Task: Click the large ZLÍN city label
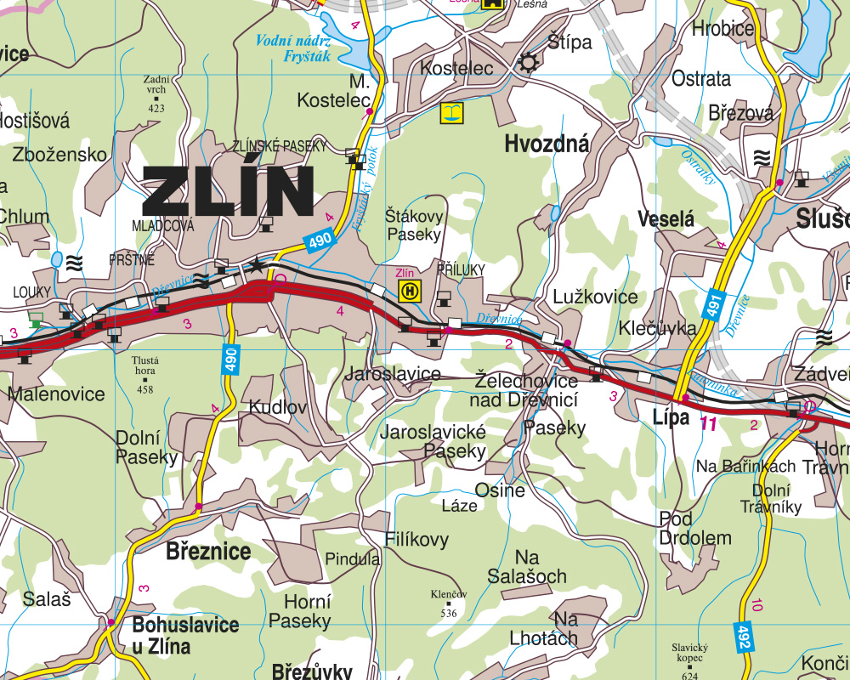[x=228, y=192]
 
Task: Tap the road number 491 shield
[x=713, y=302]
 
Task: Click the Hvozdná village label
[x=547, y=144]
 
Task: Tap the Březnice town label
[x=208, y=552]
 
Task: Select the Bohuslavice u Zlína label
[x=185, y=635]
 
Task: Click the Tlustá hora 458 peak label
[x=145, y=374]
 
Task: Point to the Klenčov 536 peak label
[x=449, y=602]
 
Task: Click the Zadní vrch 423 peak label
[x=156, y=93]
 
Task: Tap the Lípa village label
[x=671, y=416]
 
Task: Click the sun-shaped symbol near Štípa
[x=529, y=62]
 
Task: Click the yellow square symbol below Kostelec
[x=451, y=112]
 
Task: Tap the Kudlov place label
[x=277, y=407]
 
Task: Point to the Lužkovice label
[x=595, y=297]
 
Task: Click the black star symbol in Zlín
[x=256, y=266]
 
